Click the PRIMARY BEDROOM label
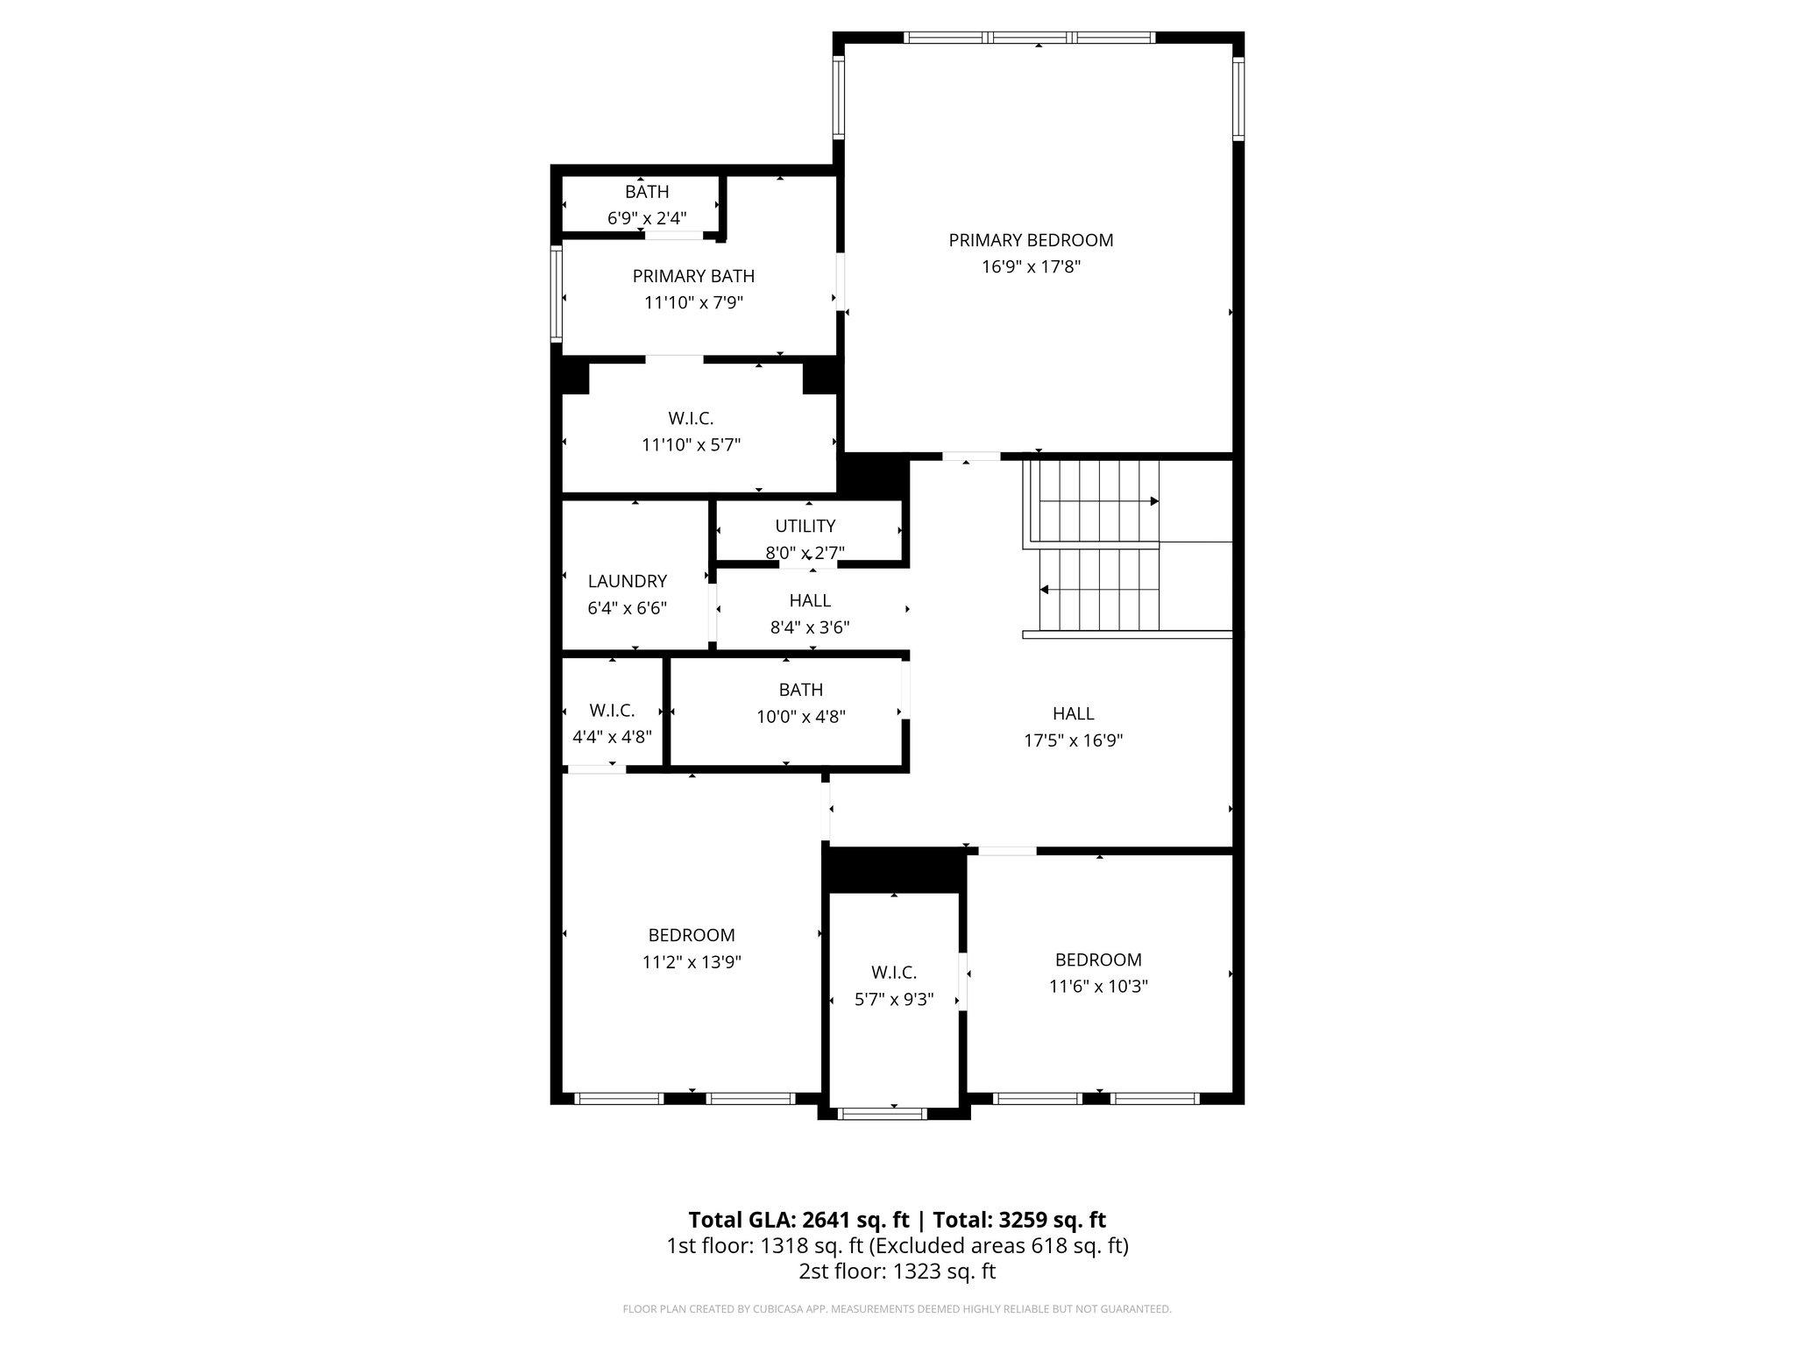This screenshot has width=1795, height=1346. click(x=1031, y=240)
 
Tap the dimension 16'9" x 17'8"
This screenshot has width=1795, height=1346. click(x=1031, y=267)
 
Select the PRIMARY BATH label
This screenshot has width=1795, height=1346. click(x=693, y=276)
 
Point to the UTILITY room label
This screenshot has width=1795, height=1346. click(x=805, y=526)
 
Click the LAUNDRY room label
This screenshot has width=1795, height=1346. click(x=627, y=581)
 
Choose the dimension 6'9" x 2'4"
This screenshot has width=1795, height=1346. click(x=647, y=218)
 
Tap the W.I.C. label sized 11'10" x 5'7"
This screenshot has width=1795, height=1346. click(x=691, y=419)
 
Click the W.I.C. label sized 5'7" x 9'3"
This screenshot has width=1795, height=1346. click(x=894, y=973)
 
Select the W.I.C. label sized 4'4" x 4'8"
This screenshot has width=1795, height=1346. click(x=612, y=711)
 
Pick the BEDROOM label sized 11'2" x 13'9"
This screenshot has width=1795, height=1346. click(x=692, y=935)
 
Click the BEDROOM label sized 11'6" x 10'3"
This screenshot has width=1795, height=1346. click(x=1098, y=960)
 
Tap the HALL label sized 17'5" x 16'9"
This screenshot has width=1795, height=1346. click(x=1073, y=714)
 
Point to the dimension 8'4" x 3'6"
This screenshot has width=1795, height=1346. click(x=810, y=627)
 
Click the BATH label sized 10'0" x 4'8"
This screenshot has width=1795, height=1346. click(x=800, y=690)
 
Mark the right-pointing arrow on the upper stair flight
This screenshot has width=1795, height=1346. click(x=1154, y=501)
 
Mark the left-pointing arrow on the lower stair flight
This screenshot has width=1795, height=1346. click(x=1045, y=590)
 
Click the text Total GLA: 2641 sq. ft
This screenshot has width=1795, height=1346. click(x=798, y=1220)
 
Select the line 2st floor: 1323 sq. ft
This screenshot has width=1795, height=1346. click(x=897, y=1272)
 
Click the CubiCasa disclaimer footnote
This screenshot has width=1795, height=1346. click(x=897, y=1309)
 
